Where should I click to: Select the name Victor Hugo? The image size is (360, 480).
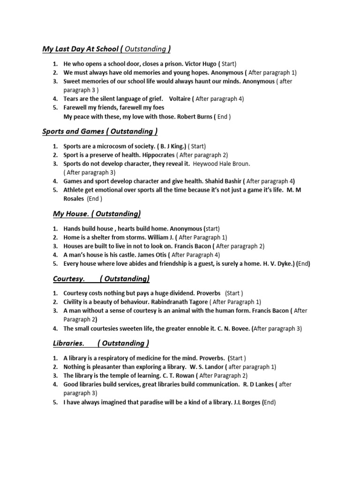coord(201,64)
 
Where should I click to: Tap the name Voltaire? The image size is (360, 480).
coord(180,99)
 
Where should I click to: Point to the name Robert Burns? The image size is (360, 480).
coord(195,116)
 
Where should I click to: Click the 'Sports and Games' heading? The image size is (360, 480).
coord(73,132)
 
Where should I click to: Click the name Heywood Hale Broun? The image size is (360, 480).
coord(222,164)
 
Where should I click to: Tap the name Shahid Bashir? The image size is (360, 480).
coord(223,181)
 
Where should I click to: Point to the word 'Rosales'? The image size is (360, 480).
coord(74,199)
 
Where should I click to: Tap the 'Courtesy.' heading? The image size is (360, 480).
coord(69,279)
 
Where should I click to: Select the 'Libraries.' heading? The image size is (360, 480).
coord(69,344)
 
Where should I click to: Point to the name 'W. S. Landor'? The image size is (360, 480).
coord(206,367)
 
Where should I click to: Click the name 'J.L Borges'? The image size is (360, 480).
coord(247,402)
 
